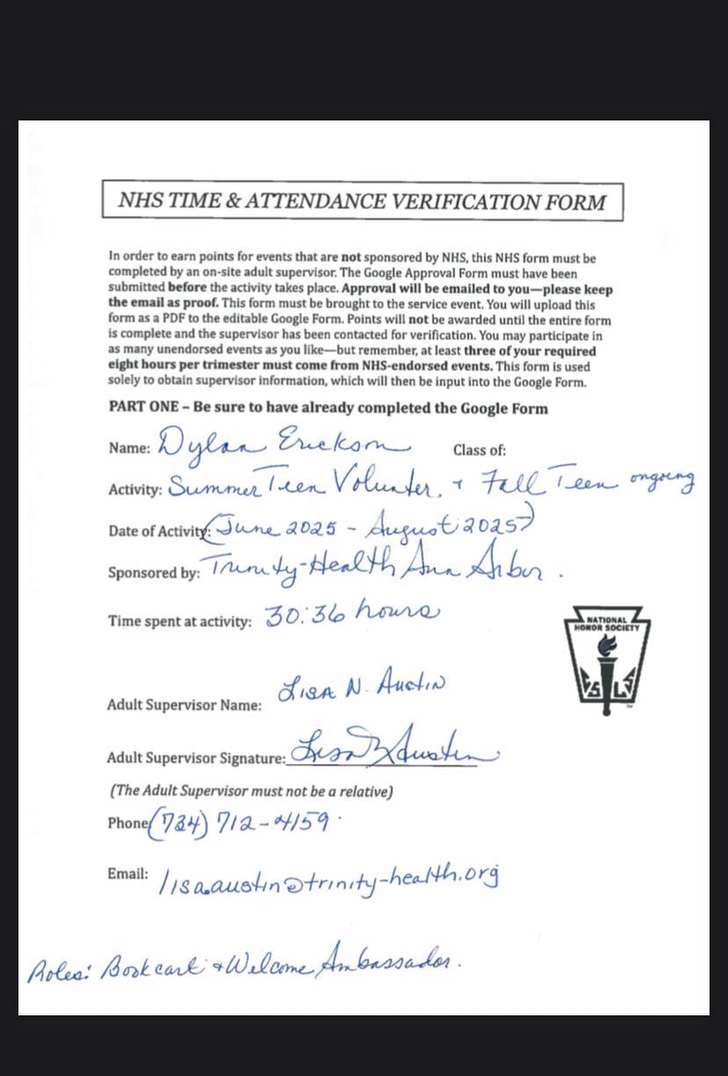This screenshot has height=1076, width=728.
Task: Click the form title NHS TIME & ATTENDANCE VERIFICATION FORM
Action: pyautogui.click(x=362, y=201)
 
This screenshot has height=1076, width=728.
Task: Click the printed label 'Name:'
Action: pyautogui.click(x=129, y=448)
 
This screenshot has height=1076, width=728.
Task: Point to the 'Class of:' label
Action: pyautogui.click(x=479, y=450)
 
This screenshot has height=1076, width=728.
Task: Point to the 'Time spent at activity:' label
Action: pyautogui.click(x=179, y=622)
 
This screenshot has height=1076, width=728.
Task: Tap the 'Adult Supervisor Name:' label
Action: pyautogui.click(x=184, y=705)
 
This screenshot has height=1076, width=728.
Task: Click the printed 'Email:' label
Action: pyautogui.click(x=127, y=874)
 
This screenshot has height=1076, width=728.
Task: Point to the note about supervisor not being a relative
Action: pyautogui.click(x=251, y=791)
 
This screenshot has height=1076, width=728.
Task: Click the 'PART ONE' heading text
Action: pyautogui.click(x=328, y=408)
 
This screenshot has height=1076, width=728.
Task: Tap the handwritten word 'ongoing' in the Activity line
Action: pyautogui.click(x=662, y=480)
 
